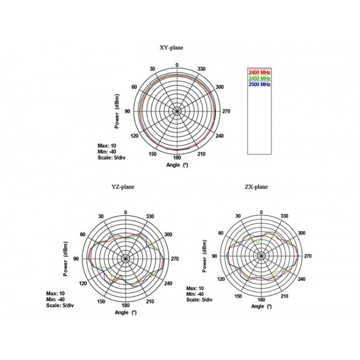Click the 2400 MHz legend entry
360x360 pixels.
click(x=259, y=73)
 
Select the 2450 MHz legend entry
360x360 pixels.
click(x=259, y=78)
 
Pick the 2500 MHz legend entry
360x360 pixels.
click(x=259, y=84)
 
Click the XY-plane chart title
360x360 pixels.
click(x=171, y=48)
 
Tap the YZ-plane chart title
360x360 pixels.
click(x=123, y=187)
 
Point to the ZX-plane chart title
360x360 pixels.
click(x=256, y=187)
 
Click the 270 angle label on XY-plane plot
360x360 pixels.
click(x=226, y=111)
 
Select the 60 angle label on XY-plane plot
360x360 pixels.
click(x=134, y=87)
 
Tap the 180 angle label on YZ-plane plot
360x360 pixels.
click(x=126, y=305)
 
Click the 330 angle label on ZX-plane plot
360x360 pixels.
click(x=284, y=216)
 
